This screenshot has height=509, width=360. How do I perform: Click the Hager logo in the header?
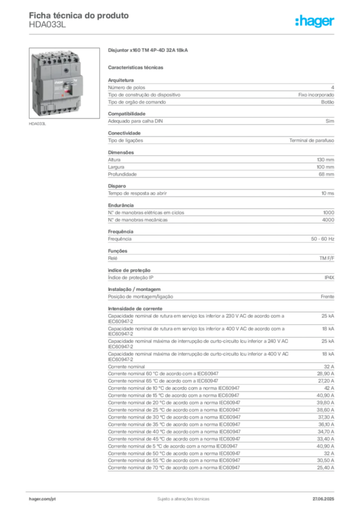click(x=315, y=21)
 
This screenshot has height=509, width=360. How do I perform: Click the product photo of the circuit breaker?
click(x=64, y=83)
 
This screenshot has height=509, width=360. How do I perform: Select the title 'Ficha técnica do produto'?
click(x=79, y=15)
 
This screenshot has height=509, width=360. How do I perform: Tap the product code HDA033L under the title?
click(x=47, y=25)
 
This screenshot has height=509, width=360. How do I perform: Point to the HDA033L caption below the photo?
click(x=37, y=124)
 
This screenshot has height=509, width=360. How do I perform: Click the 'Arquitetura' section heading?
click(x=121, y=80)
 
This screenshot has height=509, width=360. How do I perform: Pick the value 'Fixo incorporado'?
click(x=316, y=95)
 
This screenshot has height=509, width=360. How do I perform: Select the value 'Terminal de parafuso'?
click(x=312, y=141)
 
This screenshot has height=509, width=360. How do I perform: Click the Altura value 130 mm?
click(x=325, y=160)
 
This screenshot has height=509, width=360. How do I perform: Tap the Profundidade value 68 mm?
click(x=326, y=174)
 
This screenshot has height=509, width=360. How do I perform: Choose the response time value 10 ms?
click(x=328, y=193)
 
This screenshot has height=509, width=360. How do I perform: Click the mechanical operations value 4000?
click(x=328, y=220)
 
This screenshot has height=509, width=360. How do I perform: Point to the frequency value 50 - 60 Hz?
click(x=322, y=239)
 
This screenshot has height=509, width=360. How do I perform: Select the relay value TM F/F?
click(x=327, y=258)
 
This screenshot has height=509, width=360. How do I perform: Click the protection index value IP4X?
click(x=329, y=277)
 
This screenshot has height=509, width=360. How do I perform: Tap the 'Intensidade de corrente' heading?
click(x=135, y=309)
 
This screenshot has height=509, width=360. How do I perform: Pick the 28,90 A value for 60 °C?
click(x=326, y=374)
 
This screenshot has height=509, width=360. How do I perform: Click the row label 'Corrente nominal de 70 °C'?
click(x=136, y=468)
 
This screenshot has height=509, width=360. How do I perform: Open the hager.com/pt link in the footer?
click(x=42, y=499)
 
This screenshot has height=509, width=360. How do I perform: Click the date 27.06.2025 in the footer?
click(x=323, y=499)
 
